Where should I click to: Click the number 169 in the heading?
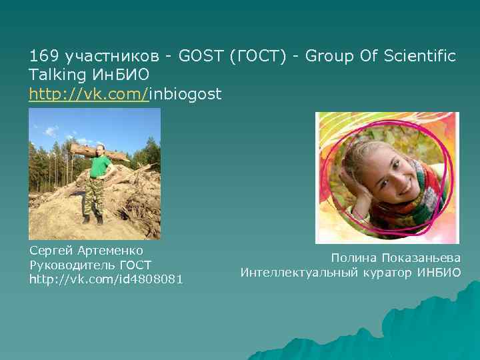coord(41,56)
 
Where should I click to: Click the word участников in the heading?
coord(95,56)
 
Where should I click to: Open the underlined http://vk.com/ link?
coord(89,94)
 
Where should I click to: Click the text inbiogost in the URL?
coord(185,94)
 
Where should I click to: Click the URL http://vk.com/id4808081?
coord(106,278)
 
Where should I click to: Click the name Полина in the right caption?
coord(353,258)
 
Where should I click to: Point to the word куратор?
coord(389,272)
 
